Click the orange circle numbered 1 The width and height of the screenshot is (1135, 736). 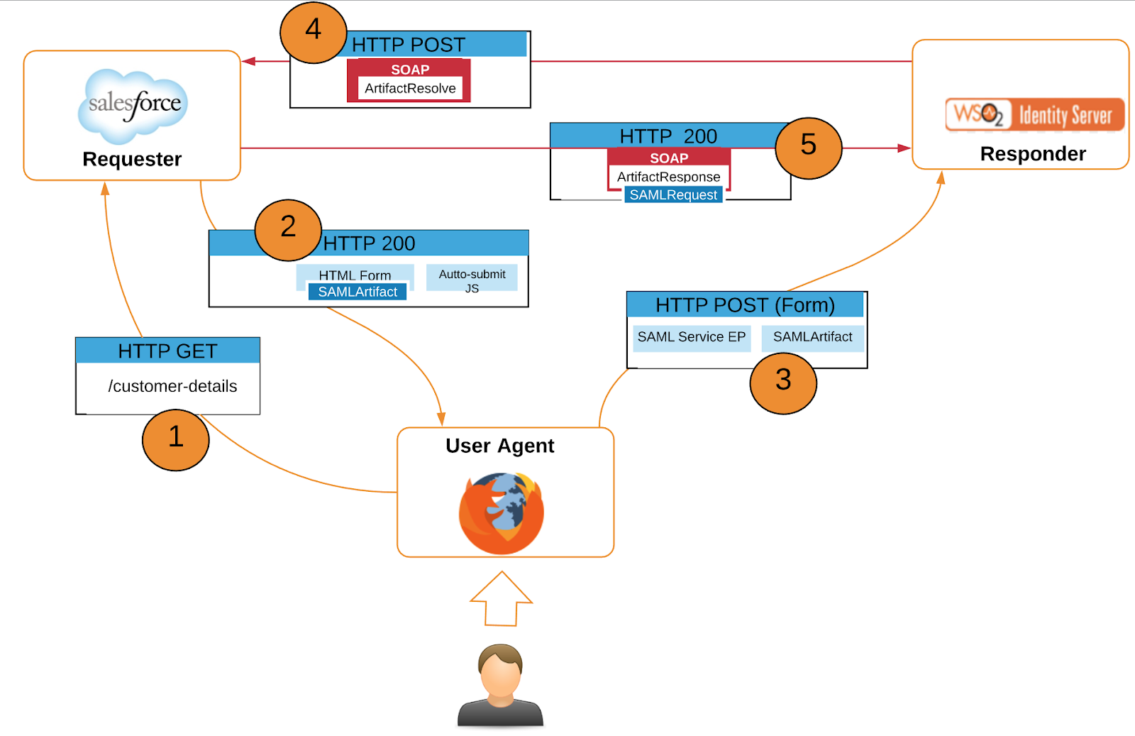[175, 439]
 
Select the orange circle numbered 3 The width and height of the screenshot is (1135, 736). [783, 383]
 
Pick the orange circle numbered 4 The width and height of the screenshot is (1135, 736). [313, 32]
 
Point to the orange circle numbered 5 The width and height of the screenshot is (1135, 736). [808, 148]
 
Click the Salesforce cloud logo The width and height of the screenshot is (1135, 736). [133, 105]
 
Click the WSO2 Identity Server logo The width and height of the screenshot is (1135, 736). [1034, 115]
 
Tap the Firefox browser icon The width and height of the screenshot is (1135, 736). [502, 513]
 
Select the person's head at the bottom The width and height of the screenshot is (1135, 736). [500, 671]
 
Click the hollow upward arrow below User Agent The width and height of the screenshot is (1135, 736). [502, 599]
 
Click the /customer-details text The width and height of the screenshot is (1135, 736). [172, 386]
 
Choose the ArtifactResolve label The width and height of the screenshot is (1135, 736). [410, 89]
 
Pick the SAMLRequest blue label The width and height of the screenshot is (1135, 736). [673, 195]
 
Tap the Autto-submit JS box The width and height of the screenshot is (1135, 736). [472, 280]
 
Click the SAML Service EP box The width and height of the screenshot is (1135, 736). [691, 337]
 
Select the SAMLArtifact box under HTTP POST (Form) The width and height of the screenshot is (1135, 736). [812, 337]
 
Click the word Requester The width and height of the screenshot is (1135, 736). [132, 159]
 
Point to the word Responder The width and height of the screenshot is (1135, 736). [1033, 154]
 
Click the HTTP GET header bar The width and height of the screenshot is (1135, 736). [167, 351]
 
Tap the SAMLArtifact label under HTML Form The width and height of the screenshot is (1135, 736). [358, 292]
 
